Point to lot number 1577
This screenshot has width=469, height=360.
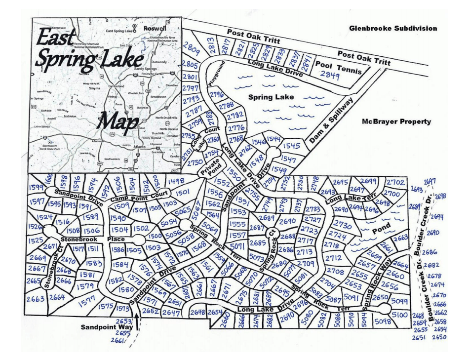click(x=87, y=299)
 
